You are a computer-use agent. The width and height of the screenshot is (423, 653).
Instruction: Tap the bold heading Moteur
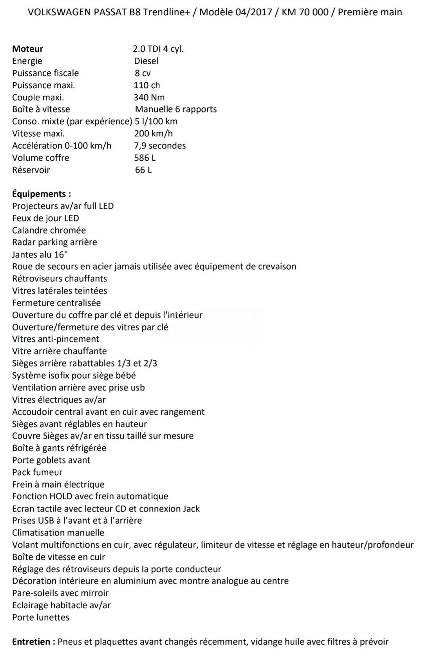coord(27,49)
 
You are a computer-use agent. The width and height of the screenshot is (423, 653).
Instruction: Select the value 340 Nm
coord(149,97)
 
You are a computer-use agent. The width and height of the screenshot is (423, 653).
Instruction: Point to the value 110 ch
coord(147,85)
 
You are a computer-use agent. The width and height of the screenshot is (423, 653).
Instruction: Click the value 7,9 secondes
coord(160,146)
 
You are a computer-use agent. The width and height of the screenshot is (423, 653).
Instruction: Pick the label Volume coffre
coord(41,158)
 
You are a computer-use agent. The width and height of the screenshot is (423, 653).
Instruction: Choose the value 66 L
coord(143,170)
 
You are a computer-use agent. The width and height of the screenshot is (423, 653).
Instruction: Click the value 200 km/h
coord(153,134)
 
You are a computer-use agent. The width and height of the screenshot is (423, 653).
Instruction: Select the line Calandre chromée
coord(49,230)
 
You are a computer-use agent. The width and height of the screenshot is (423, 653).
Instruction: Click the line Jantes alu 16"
coord(40,255)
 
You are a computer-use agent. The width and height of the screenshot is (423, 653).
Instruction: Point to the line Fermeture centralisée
coord(56,303)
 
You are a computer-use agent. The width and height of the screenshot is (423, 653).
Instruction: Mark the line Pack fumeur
coord(37,472)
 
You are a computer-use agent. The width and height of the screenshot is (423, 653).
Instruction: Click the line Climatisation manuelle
coord(58,533)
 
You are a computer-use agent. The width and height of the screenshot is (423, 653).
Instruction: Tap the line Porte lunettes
coord(41,617)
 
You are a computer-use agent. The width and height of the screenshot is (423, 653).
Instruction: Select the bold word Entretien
coord(33,642)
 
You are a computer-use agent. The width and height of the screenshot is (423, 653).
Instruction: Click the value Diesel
coord(146,61)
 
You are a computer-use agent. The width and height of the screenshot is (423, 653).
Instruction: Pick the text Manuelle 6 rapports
coord(176,109)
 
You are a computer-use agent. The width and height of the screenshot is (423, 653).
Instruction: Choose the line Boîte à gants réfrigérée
coord(59,448)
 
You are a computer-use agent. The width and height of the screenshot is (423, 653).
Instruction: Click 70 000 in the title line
coord(314,12)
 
